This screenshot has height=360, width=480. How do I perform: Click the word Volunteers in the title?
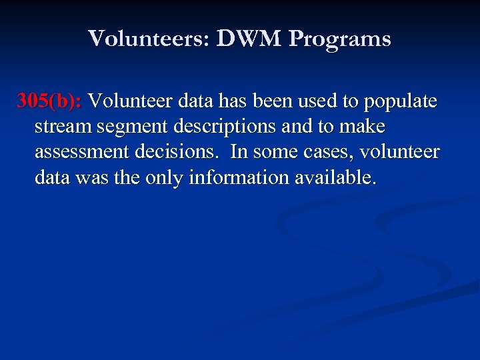[x=147, y=39]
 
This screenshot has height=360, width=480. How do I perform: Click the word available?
[x=340, y=178]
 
